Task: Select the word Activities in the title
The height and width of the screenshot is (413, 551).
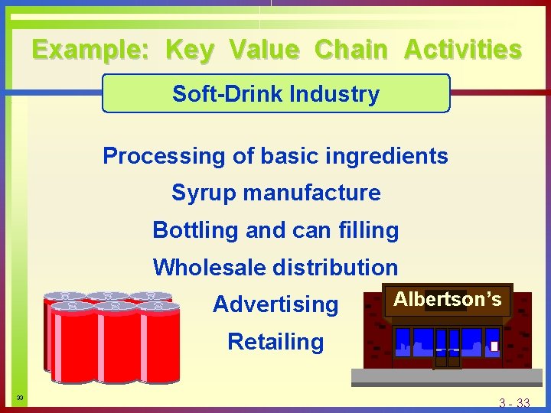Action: pos(462,50)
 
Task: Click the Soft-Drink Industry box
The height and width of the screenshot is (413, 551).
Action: pos(275,94)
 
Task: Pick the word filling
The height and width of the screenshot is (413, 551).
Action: pos(367,229)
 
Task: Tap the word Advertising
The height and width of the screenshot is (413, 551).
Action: pos(275,304)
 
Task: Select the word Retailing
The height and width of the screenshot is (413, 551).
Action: pos(275,341)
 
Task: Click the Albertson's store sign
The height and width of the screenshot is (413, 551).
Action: pos(448,299)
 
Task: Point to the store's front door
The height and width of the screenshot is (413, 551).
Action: pos(447,348)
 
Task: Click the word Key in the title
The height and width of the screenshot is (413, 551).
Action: pos(189,50)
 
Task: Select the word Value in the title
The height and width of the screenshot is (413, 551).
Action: pos(264,50)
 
